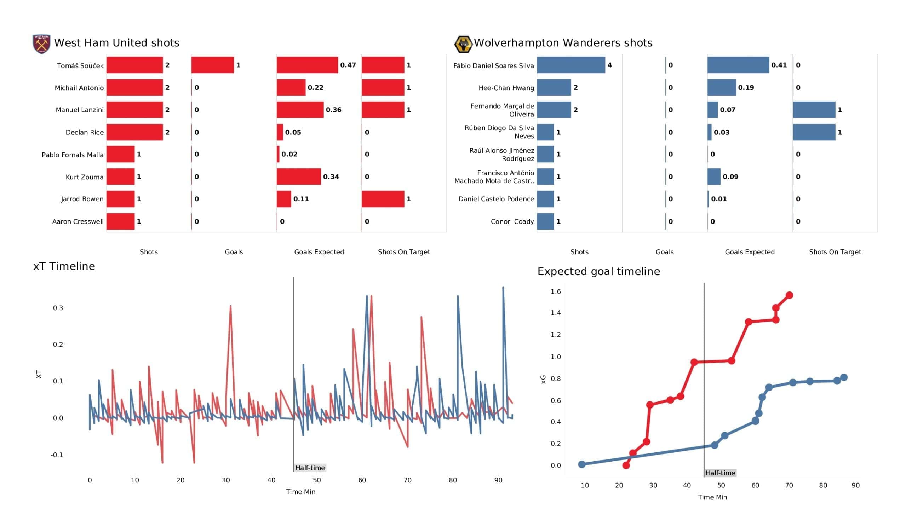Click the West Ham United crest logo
[x=41, y=44]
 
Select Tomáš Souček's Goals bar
[x=212, y=65]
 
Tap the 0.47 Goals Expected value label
[x=348, y=65]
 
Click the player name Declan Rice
[x=85, y=132]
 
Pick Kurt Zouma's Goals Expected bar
[x=299, y=177]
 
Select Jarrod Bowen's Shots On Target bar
[x=383, y=199]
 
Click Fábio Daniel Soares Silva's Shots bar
[x=571, y=65]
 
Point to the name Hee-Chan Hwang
[x=506, y=88]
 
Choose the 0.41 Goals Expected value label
[x=779, y=65]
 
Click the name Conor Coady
[x=512, y=221]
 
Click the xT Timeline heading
[x=64, y=266]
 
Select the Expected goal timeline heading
[x=598, y=271]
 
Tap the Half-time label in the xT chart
[x=310, y=468]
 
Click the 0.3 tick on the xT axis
[x=58, y=308]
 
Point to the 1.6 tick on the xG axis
[x=556, y=291]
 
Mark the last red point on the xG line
[x=789, y=295]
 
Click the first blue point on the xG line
[x=582, y=464]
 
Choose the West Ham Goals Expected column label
[x=319, y=252]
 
